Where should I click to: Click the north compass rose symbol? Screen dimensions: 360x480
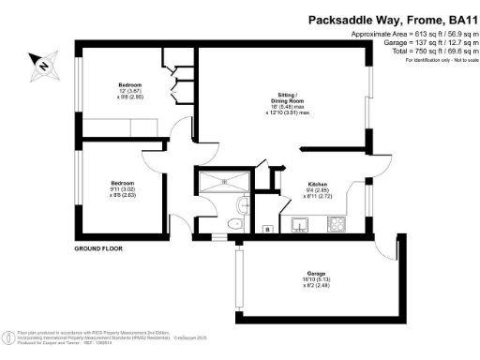(41, 65)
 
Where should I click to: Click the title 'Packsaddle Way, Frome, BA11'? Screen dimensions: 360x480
(393, 18)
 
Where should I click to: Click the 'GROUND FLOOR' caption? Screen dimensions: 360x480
(99, 249)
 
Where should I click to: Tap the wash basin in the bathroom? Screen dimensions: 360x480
(243, 203)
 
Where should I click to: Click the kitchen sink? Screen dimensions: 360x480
(302, 224)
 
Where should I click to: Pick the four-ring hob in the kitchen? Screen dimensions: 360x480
(336, 224)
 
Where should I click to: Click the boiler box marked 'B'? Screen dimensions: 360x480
(268, 228)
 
